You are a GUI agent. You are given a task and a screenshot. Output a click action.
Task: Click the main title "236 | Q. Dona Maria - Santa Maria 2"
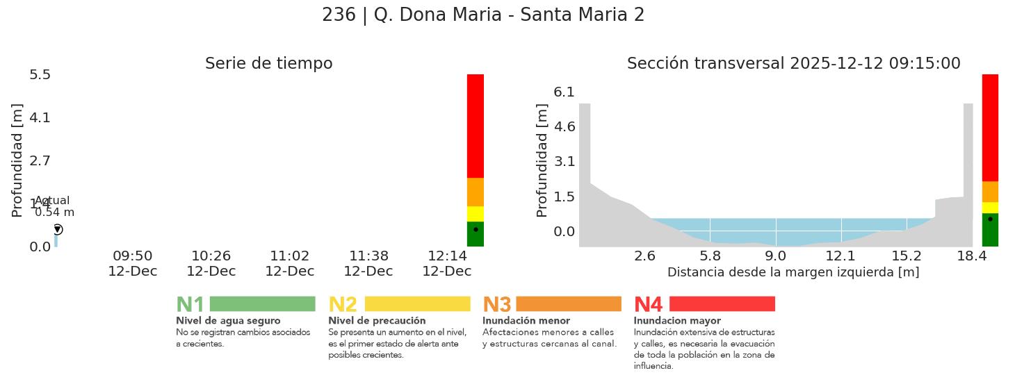click(x=483, y=15)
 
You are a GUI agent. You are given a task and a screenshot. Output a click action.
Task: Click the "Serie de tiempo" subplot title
click(x=268, y=64)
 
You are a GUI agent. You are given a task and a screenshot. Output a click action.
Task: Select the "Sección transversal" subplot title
click(x=793, y=64)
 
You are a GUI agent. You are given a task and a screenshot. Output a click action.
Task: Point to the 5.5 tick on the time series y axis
click(x=40, y=74)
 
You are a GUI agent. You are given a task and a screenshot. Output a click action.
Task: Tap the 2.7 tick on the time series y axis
click(x=40, y=160)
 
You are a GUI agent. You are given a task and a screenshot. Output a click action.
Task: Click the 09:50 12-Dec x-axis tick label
click(x=132, y=264)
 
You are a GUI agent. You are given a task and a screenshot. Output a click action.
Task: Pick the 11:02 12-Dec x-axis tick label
click(x=289, y=264)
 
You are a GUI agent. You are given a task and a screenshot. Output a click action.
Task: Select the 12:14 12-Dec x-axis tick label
click(x=446, y=264)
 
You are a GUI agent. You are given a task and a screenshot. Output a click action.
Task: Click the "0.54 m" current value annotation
click(x=54, y=213)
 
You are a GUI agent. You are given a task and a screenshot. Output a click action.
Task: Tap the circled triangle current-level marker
click(x=58, y=229)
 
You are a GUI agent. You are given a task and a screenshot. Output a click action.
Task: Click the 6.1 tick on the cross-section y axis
click(x=564, y=92)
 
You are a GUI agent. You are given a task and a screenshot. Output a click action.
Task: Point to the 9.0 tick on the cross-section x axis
click(x=776, y=256)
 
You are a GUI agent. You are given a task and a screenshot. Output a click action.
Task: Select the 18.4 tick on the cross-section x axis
click(x=971, y=256)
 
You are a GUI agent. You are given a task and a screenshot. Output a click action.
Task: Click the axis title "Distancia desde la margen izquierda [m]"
click(x=793, y=272)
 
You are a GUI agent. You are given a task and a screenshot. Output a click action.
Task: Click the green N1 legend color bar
click(x=262, y=303)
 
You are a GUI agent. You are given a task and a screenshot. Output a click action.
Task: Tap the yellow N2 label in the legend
click(x=342, y=304)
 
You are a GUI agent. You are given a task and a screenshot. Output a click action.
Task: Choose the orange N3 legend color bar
click(x=568, y=303)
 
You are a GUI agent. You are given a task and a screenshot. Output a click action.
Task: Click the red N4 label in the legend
click(x=648, y=304)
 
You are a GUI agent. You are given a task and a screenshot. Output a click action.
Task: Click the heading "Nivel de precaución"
click(x=377, y=321)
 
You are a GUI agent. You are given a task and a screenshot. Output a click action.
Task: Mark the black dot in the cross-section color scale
click(x=990, y=219)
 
